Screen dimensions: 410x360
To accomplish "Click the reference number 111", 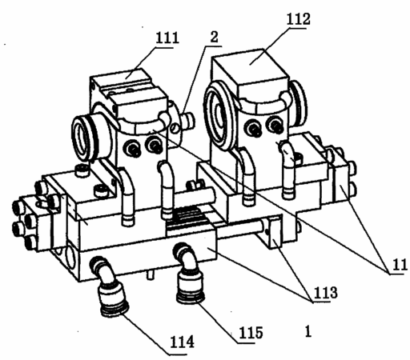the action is pyautogui.click(x=167, y=38).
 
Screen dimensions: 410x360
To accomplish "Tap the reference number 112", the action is pyautogui.click(x=298, y=18).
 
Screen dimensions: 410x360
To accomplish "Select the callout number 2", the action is pyautogui.click(x=214, y=37).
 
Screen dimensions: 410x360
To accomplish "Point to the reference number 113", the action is pyautogui.click(x=325, y=293).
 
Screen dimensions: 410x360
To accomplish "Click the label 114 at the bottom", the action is pyautogui.click(x=182, y=342).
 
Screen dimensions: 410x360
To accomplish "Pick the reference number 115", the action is pyautogui.click(x=251, y=332).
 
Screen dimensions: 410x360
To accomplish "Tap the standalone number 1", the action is pyautogui.click(x=308, y=331).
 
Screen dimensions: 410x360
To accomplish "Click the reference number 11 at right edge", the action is pyautogui.click(x=400, y=265).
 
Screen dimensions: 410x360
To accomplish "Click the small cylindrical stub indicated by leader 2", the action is pyautogui.click(x=188, y=120).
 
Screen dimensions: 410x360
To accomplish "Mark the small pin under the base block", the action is pyautogui.click(x=151, y=274).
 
